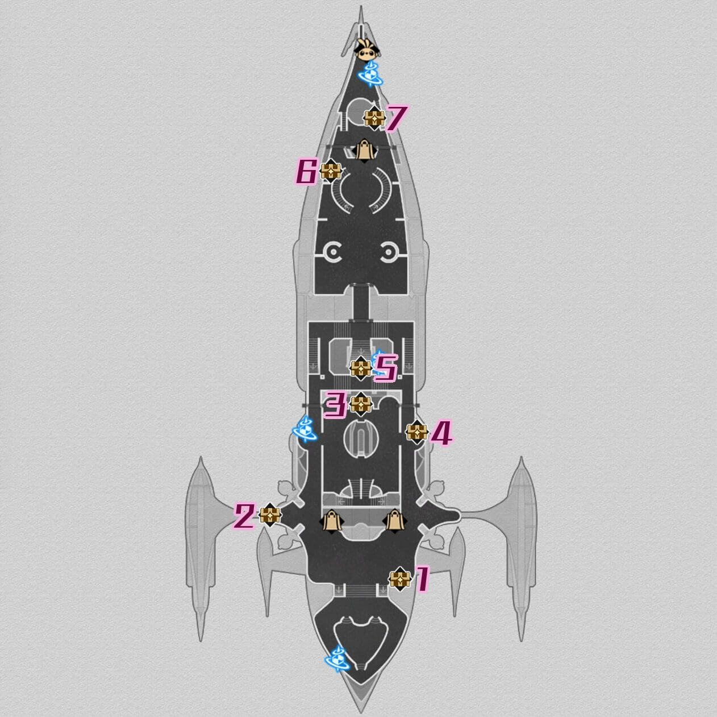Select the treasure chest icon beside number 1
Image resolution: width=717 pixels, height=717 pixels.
pyautogui.click(x=400, y=579)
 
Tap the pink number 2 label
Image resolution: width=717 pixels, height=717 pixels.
pyautogui.click(x=244, y=516)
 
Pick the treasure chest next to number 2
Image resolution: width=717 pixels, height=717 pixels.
pyautogui.click(x=270, y=515)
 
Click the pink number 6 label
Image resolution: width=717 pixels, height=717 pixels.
pyautogui.click(x=306, y=172)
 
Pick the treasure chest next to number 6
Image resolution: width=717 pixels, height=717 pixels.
pyautogui.click(x=331, y=171)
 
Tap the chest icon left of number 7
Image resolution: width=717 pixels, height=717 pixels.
pyautogui.click(x=374, y=118)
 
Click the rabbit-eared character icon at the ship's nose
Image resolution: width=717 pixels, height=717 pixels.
pyautogui.click(x=366, y=50)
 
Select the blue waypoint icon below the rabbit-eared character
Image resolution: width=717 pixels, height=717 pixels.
pyautogui.click(x=370, y=74)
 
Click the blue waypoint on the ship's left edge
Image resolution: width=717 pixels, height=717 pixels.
pyautogui.click(x=305, y=429)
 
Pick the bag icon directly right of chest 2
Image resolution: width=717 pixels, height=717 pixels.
pyautogui.click(x=331, y=520)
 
